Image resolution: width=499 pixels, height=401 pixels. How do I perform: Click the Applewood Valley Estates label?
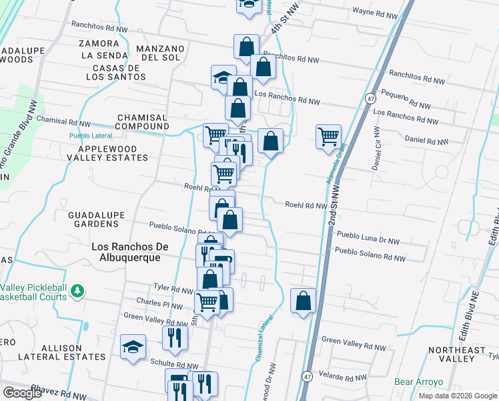click(x=113, y=153)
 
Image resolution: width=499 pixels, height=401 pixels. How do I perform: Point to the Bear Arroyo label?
click(x=418, y=382)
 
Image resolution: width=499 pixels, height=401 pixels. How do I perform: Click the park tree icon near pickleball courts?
click(x=78, y=291)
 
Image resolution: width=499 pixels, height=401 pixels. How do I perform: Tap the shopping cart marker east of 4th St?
click(x=328, y=136)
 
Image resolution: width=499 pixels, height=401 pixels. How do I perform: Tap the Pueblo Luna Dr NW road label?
click(x=368, y=236)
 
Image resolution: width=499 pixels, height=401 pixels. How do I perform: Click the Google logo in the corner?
click(x=22, y=393)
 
